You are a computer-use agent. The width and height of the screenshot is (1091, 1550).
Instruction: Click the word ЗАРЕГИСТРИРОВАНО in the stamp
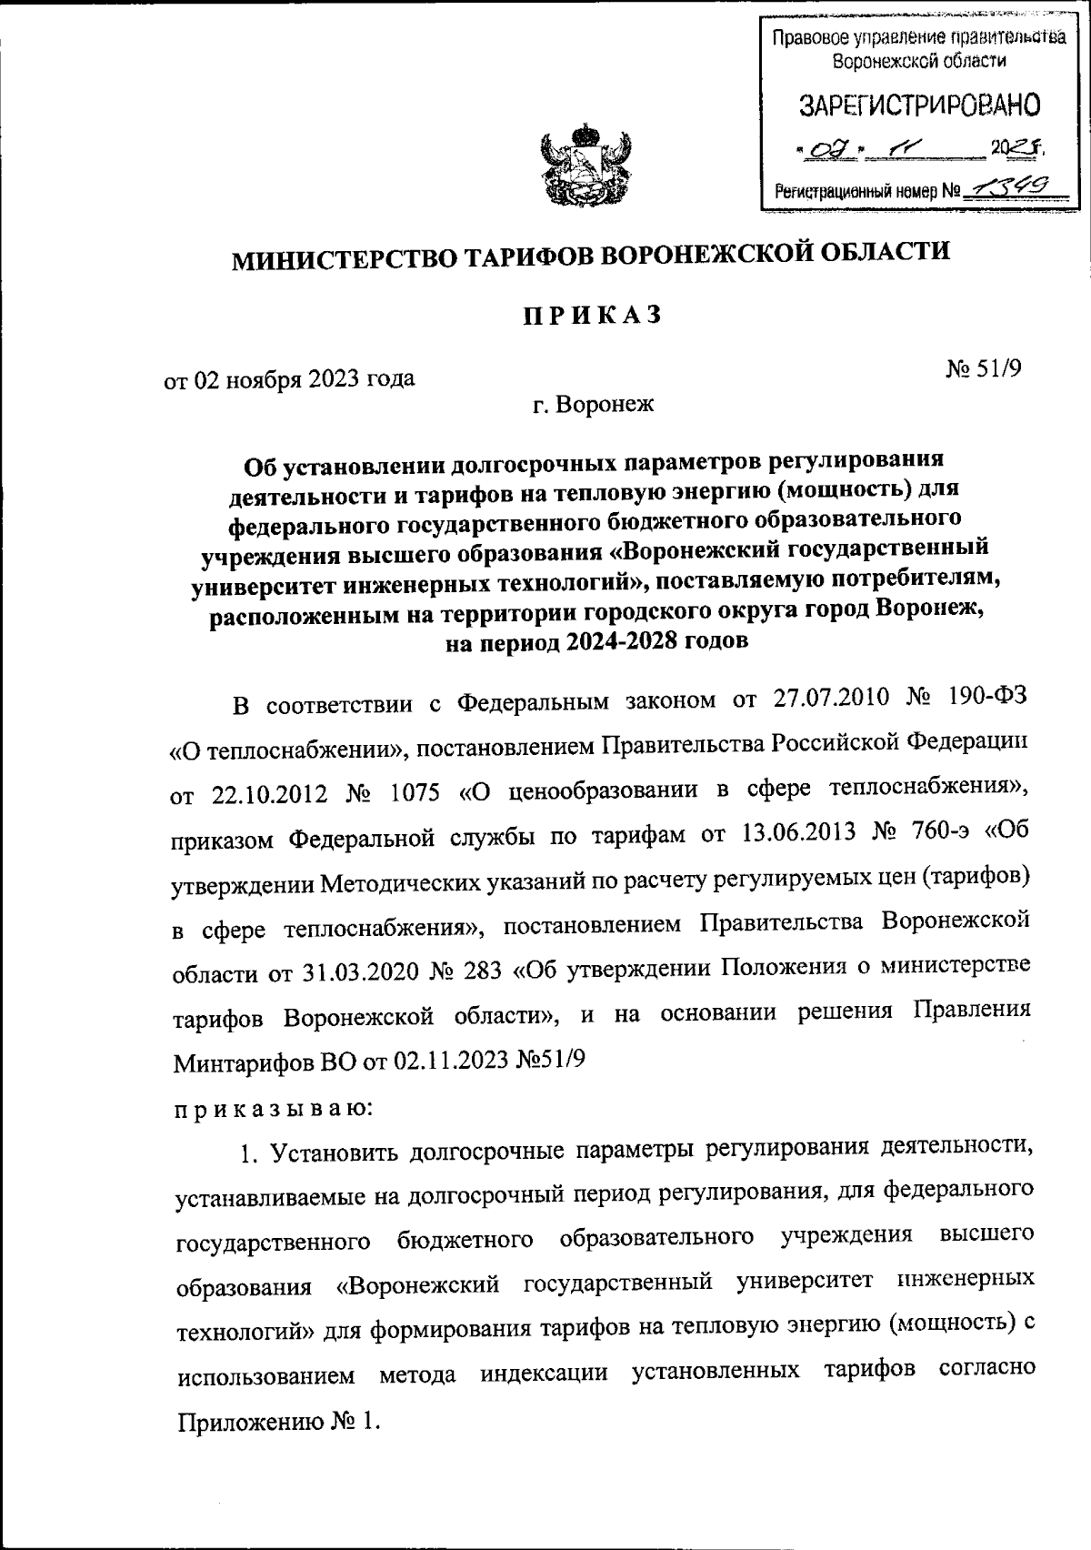tap(919, 106)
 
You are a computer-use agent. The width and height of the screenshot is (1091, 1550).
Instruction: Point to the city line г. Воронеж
tap(594, 404)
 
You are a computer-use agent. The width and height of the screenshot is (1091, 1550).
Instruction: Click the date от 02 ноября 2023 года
tap(289, 377)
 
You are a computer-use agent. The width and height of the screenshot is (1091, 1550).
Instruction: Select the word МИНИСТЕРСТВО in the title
tap(342, 258)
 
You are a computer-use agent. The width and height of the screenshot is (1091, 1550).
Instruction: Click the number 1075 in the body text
tap(411, 792)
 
